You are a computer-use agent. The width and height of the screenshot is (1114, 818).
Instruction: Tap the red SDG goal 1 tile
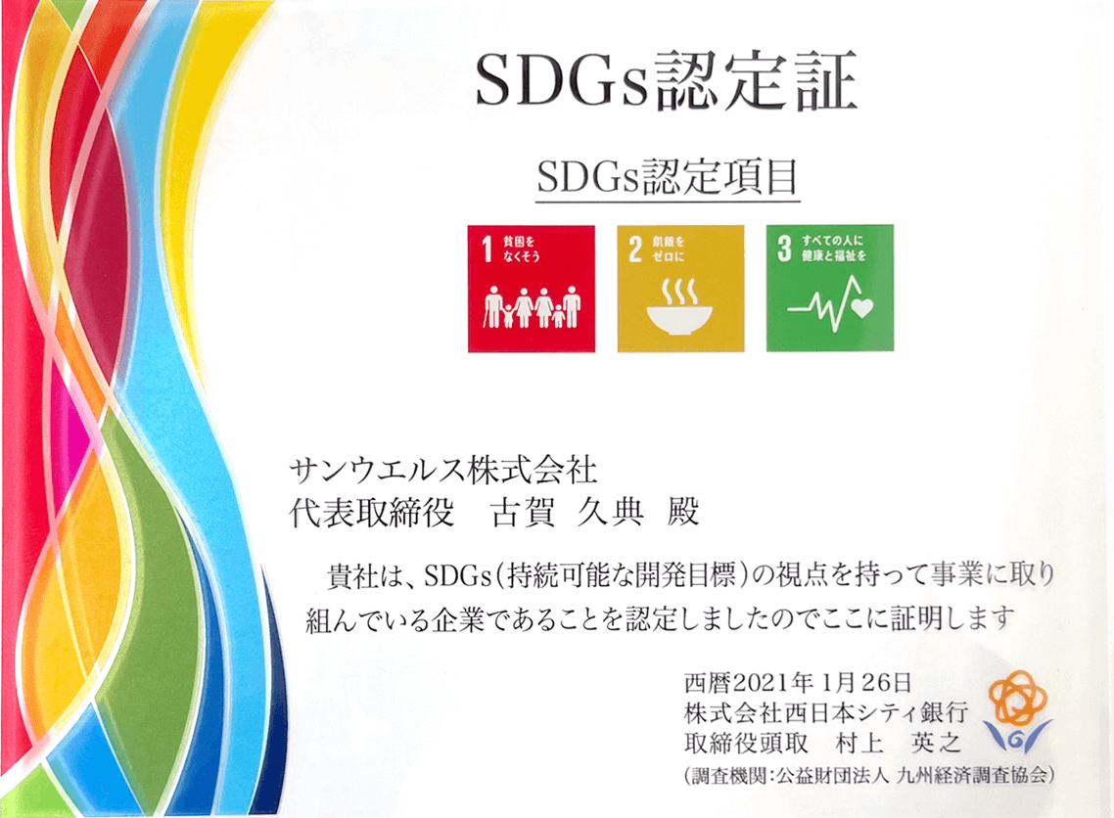click(532, 289)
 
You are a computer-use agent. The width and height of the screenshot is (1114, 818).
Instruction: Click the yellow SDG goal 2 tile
click(680, 289)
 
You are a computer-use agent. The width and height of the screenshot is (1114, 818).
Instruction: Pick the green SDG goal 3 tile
click(830, 289)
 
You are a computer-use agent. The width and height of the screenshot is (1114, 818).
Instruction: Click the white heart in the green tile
click(861, 308)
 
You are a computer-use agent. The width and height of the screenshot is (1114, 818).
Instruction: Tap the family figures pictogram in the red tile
click(533, 307)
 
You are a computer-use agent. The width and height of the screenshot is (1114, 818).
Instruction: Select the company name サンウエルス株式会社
click(442, 470)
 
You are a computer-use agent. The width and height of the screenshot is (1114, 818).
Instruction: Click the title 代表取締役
click(371, 512)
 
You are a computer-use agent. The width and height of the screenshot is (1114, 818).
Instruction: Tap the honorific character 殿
click(682, 511)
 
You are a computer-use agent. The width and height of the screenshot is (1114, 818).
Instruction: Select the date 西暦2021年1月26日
click(798, 682)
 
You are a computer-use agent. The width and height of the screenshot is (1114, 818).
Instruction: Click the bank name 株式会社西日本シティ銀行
click(825, 711)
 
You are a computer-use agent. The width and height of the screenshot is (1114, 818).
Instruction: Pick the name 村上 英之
click(899, 743)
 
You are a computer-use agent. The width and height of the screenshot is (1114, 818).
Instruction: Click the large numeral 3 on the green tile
click(784, 249)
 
